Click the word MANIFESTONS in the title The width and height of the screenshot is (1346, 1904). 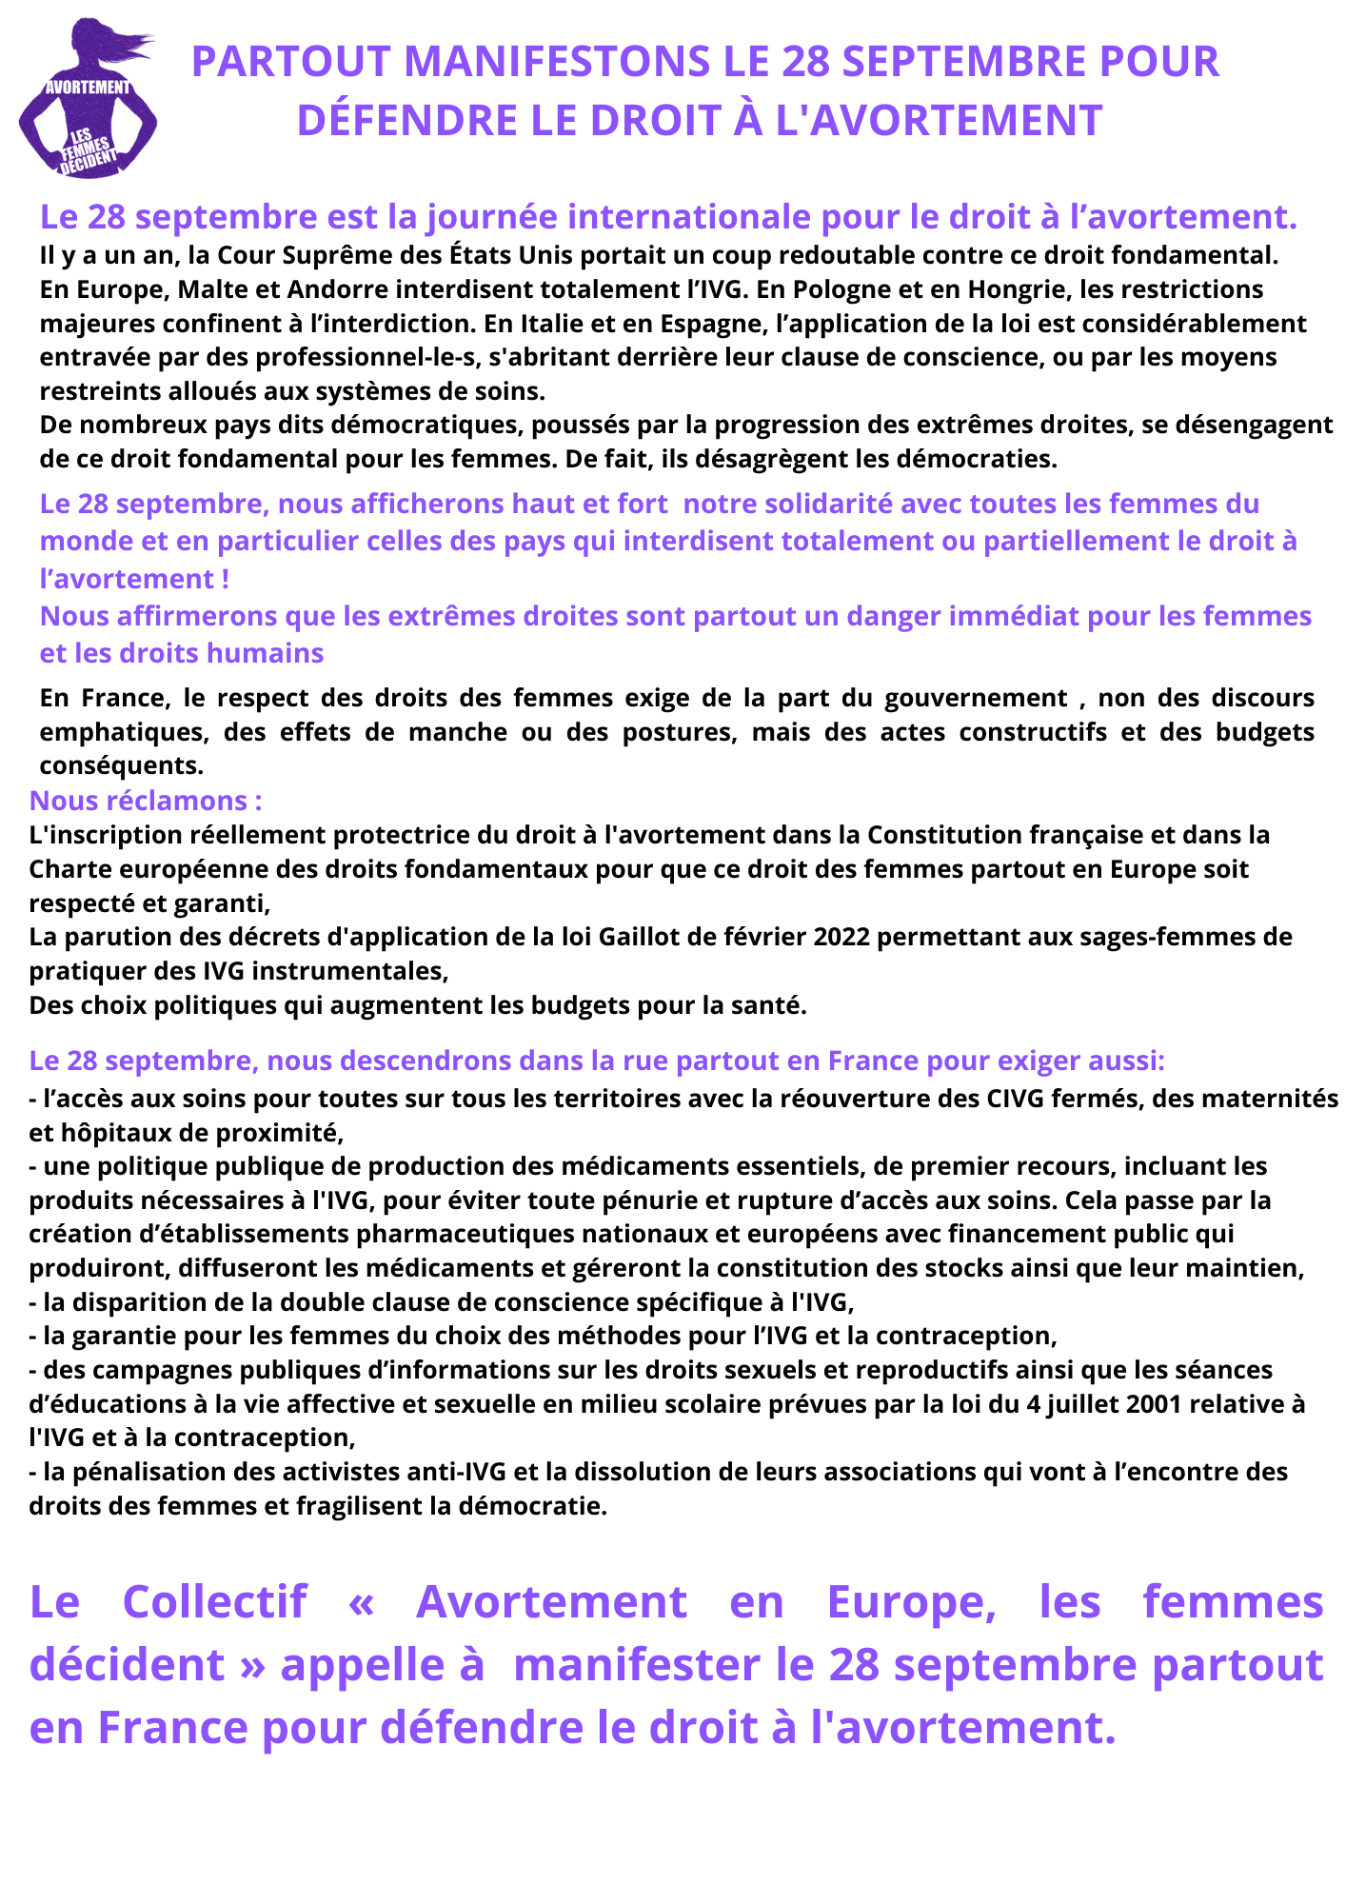pos(557,62)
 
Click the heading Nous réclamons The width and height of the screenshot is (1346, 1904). pos(146,801)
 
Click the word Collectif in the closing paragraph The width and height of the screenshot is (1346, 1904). pos(215,1601)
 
